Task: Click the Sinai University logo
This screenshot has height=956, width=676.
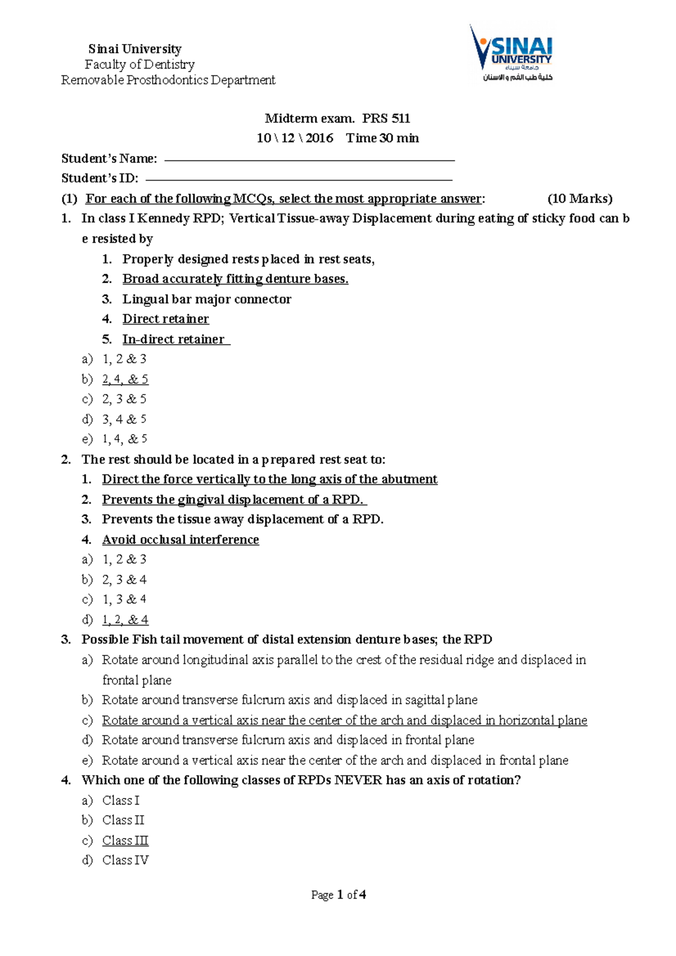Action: (512, 54)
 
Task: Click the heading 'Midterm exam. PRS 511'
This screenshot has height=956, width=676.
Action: (337, 118)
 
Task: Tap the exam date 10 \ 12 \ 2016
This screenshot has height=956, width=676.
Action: (295, 138)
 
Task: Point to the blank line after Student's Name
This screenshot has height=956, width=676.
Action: (309, 160)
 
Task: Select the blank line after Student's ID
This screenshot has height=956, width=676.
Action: (299, 180)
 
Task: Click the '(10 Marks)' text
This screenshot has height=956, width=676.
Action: (580, 199)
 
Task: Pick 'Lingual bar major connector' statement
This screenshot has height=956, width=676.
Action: (207, 299)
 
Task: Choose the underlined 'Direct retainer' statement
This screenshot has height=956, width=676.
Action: (166, 319)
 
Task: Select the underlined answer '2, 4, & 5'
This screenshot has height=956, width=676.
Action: (125, 379)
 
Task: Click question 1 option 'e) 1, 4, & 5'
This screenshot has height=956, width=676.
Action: (124, 439)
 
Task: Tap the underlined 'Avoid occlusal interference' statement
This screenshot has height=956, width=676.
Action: (180, 539)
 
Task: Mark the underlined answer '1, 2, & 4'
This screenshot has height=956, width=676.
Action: (125, 619)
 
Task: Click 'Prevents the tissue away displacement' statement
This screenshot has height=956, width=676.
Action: (242, 519)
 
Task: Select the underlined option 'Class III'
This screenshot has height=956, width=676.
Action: (125, 840)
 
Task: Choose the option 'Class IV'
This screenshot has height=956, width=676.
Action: (125, 860)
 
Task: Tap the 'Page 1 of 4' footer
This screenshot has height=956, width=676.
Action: (339, 895)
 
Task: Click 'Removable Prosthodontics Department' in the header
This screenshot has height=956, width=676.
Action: (168, 80)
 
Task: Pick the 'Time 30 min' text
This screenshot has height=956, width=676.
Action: (382, 138)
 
